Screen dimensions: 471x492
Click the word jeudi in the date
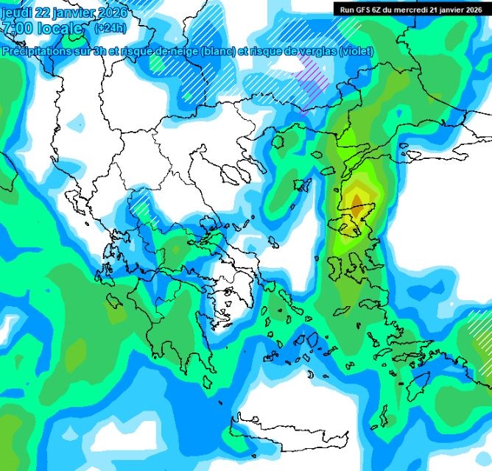click(17, 13)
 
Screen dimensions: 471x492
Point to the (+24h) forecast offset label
click(110, 28)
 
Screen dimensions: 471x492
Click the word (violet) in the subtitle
click(355, 51)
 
